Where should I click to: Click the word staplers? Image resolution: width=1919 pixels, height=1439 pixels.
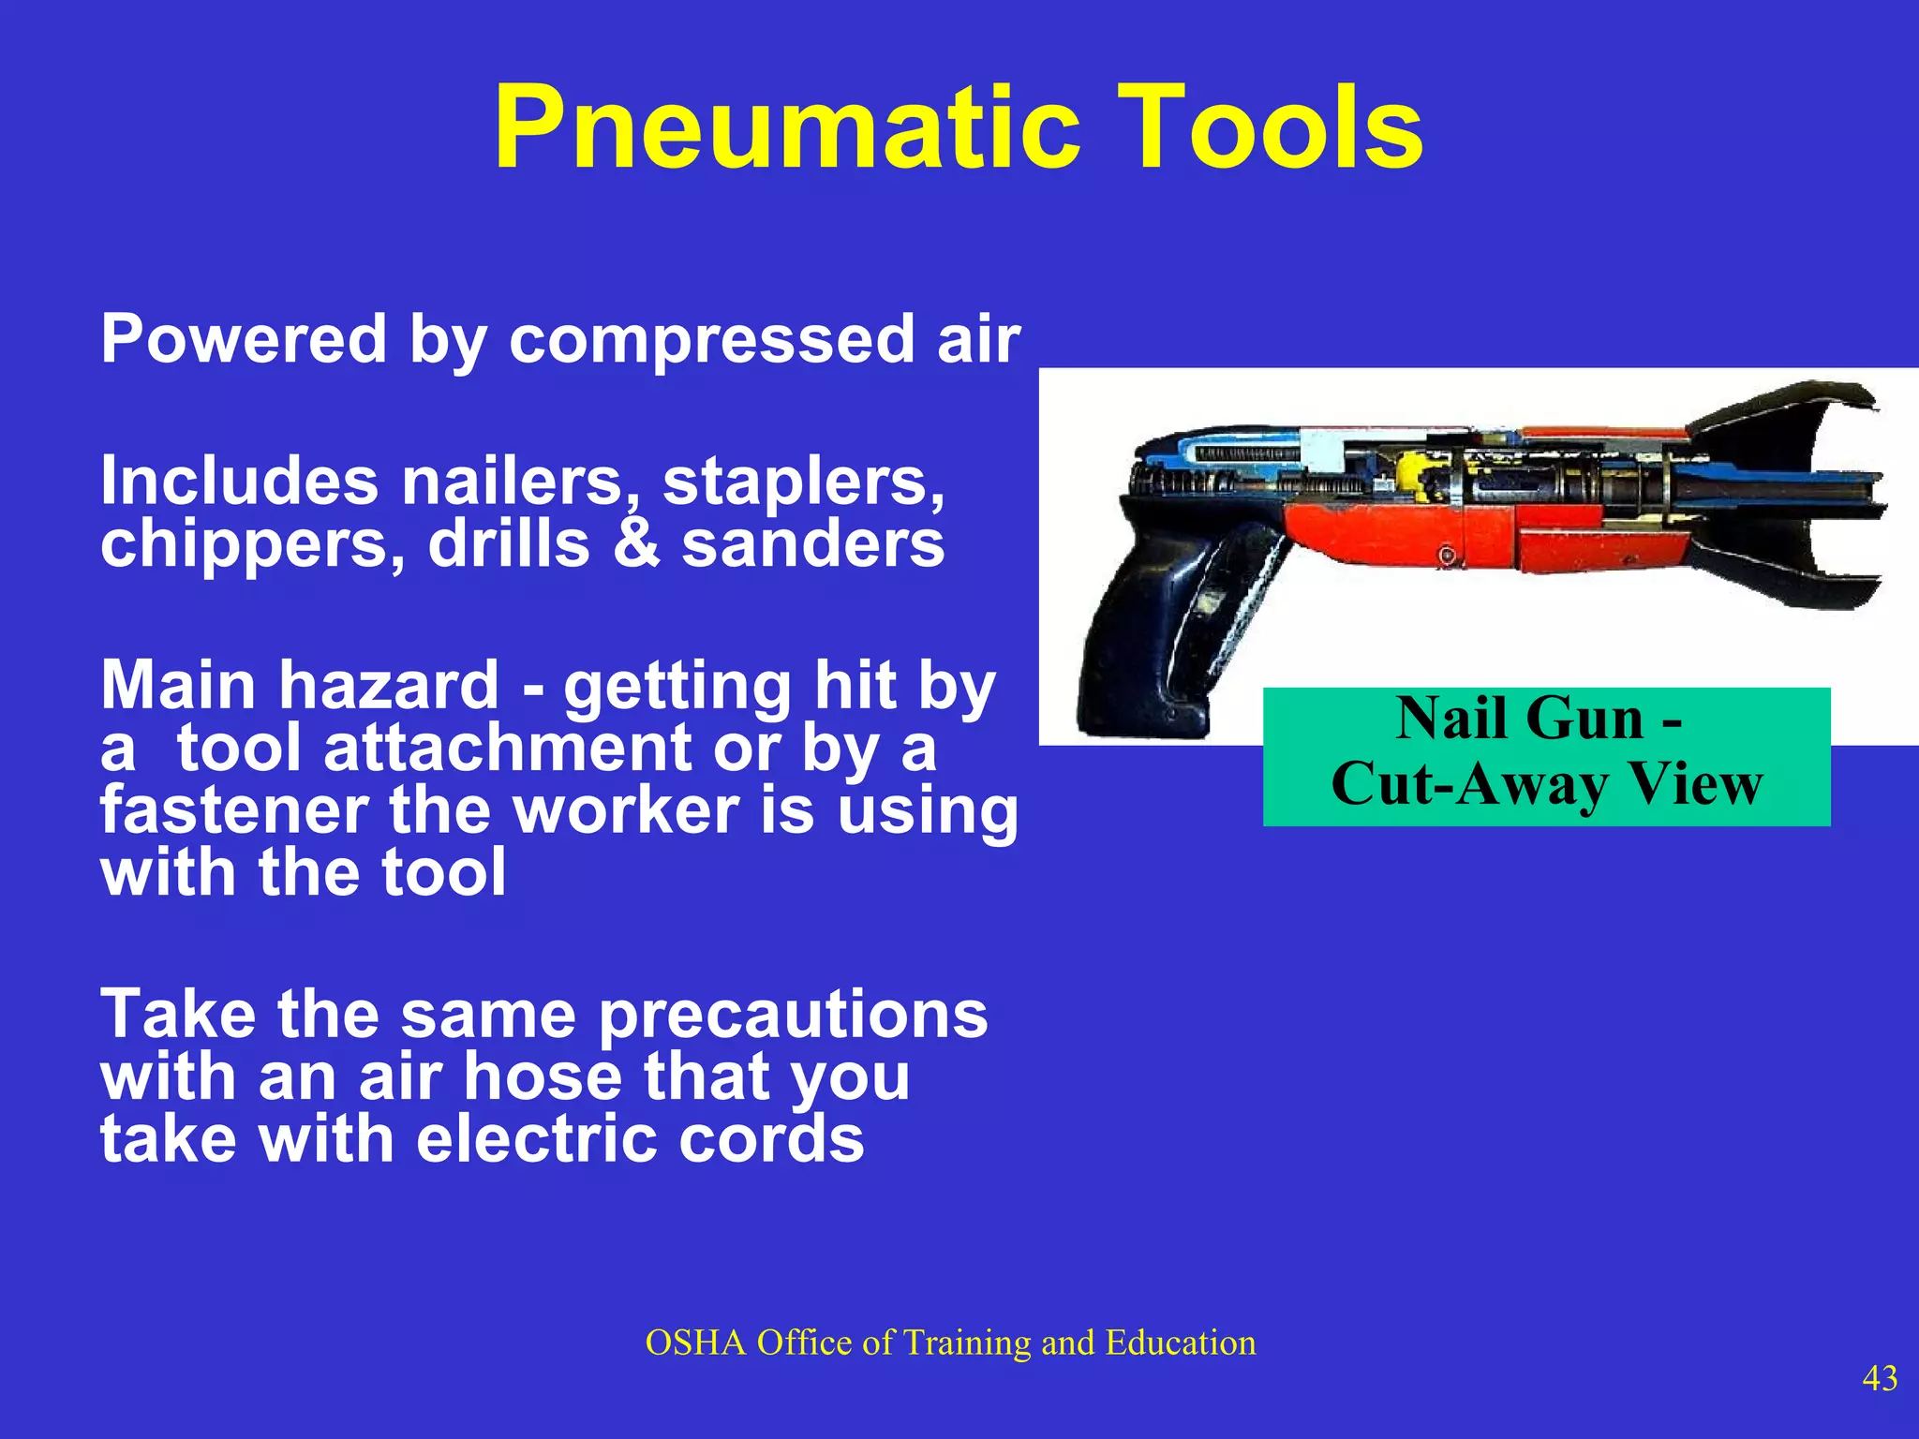(803, 482)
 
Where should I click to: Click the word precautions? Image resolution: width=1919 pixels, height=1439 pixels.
(793, 1016)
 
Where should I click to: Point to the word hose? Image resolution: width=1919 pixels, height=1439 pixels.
(541, 1077)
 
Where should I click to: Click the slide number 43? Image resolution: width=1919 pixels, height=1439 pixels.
(1880, 1378)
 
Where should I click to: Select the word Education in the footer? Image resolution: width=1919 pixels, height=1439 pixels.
(1180, 1343)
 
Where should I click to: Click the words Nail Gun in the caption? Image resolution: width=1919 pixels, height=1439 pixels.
(1519, 719)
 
